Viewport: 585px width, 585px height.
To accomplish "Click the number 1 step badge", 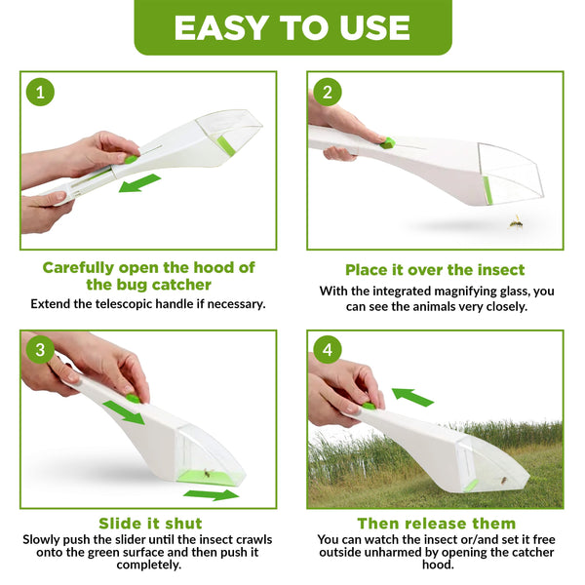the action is coord(40,92).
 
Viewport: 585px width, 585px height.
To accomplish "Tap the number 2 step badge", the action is coord(328,92).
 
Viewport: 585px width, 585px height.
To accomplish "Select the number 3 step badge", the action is coord(40,350).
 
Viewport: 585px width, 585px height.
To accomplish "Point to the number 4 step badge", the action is coord(328,350).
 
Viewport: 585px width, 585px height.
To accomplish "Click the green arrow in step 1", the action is coord(139,183).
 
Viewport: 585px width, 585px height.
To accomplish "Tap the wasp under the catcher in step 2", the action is coord(517,222).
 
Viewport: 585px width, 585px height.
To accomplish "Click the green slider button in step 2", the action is coord(388,142).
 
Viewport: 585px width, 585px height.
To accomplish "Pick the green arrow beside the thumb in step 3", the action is coord(124,411).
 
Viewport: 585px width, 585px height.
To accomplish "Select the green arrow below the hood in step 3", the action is coord(212,494).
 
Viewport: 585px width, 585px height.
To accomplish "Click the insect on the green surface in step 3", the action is coord(207,473).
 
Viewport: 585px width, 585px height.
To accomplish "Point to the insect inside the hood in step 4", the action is coord(504,480).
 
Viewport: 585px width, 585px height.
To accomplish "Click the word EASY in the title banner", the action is coord(220,28).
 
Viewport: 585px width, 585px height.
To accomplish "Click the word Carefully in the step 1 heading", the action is coord(78,268).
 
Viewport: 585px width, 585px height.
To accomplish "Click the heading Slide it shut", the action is coord(150,523).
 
